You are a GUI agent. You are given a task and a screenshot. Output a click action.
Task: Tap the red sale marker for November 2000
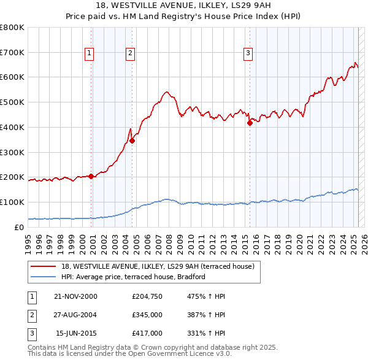tap(91, 176)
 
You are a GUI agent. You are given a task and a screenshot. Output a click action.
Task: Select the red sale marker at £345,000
tap(132, 141)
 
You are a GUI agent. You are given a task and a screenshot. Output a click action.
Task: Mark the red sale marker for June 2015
tap(250, 123)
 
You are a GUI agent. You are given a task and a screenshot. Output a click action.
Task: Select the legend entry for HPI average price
tap(132, 277)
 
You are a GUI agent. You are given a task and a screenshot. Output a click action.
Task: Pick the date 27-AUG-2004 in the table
tap(75, 315)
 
